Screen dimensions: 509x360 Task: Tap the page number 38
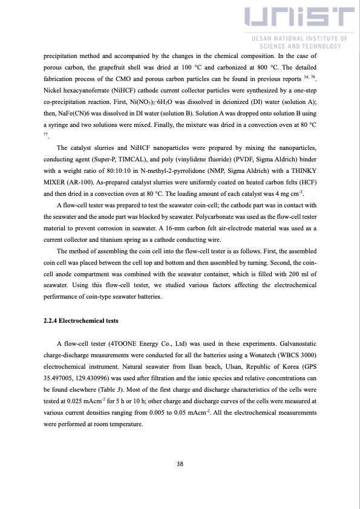180,464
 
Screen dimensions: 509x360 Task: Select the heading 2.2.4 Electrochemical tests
81,320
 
